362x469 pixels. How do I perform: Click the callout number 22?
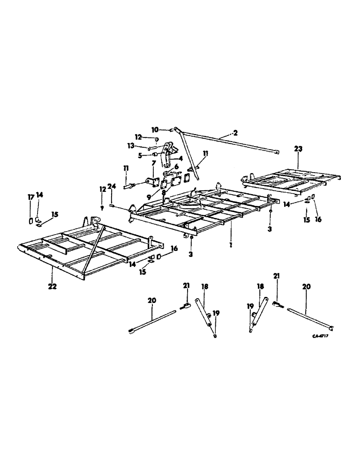[52, 286]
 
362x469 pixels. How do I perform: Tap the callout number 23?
[298, 149]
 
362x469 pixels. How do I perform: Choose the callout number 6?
[176, 166]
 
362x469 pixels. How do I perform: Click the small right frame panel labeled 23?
[291, 179]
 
